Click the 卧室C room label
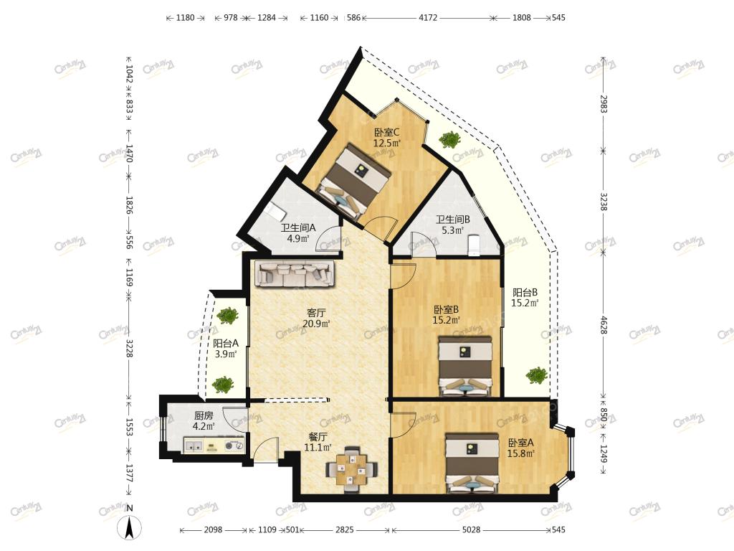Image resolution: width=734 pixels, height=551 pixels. [386, 132]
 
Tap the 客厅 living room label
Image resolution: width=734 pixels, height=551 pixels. [316, 313]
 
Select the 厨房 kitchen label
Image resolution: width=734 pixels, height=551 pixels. [204, 415]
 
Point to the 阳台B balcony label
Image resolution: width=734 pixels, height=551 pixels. [525, 293]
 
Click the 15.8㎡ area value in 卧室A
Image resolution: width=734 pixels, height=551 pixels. [521, 453]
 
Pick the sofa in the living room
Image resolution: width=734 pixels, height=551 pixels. [295, 273]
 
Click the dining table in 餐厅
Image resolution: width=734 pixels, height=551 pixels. [351, 469]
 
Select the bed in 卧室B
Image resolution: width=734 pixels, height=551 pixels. [465, 365]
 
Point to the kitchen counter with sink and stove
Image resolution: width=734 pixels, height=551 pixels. [214, 445]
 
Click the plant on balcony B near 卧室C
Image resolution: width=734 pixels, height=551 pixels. [449, 140]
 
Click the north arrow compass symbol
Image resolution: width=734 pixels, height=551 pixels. [130, 526]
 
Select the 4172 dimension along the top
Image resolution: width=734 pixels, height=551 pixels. [428, 18]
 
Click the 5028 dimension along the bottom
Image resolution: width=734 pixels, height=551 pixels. [471, 530]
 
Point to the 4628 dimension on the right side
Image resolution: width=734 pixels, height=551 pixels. [604, 325]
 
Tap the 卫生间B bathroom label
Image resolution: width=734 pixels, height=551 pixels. [453, 220]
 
